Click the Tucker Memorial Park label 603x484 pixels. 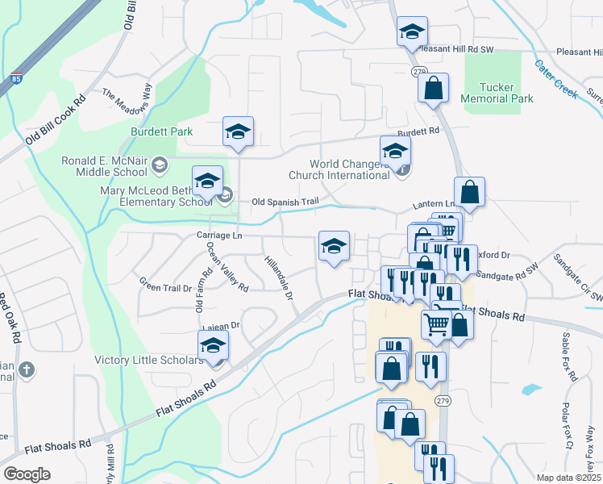pyautogui.click(x=497, y=93)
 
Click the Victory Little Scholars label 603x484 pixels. pyautogui.click(x=150, y=360)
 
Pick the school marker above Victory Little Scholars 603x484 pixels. pyautogui.click(x=214, y=345)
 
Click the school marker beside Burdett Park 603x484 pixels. pyautogui.click(x=239, y=131)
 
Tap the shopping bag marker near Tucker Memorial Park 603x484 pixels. pyautogui.click(x=434, y=89)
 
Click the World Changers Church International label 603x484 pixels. pyautogui.click(x=339, y=169)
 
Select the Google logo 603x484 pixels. pyautogui.click(x=27, y=474)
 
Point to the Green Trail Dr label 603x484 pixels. pyautogui.click(x=165, y=286)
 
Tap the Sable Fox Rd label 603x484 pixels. pyautogui.click(x=571, y=358)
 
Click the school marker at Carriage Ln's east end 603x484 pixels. pyautogui.click(x=334, y=247)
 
